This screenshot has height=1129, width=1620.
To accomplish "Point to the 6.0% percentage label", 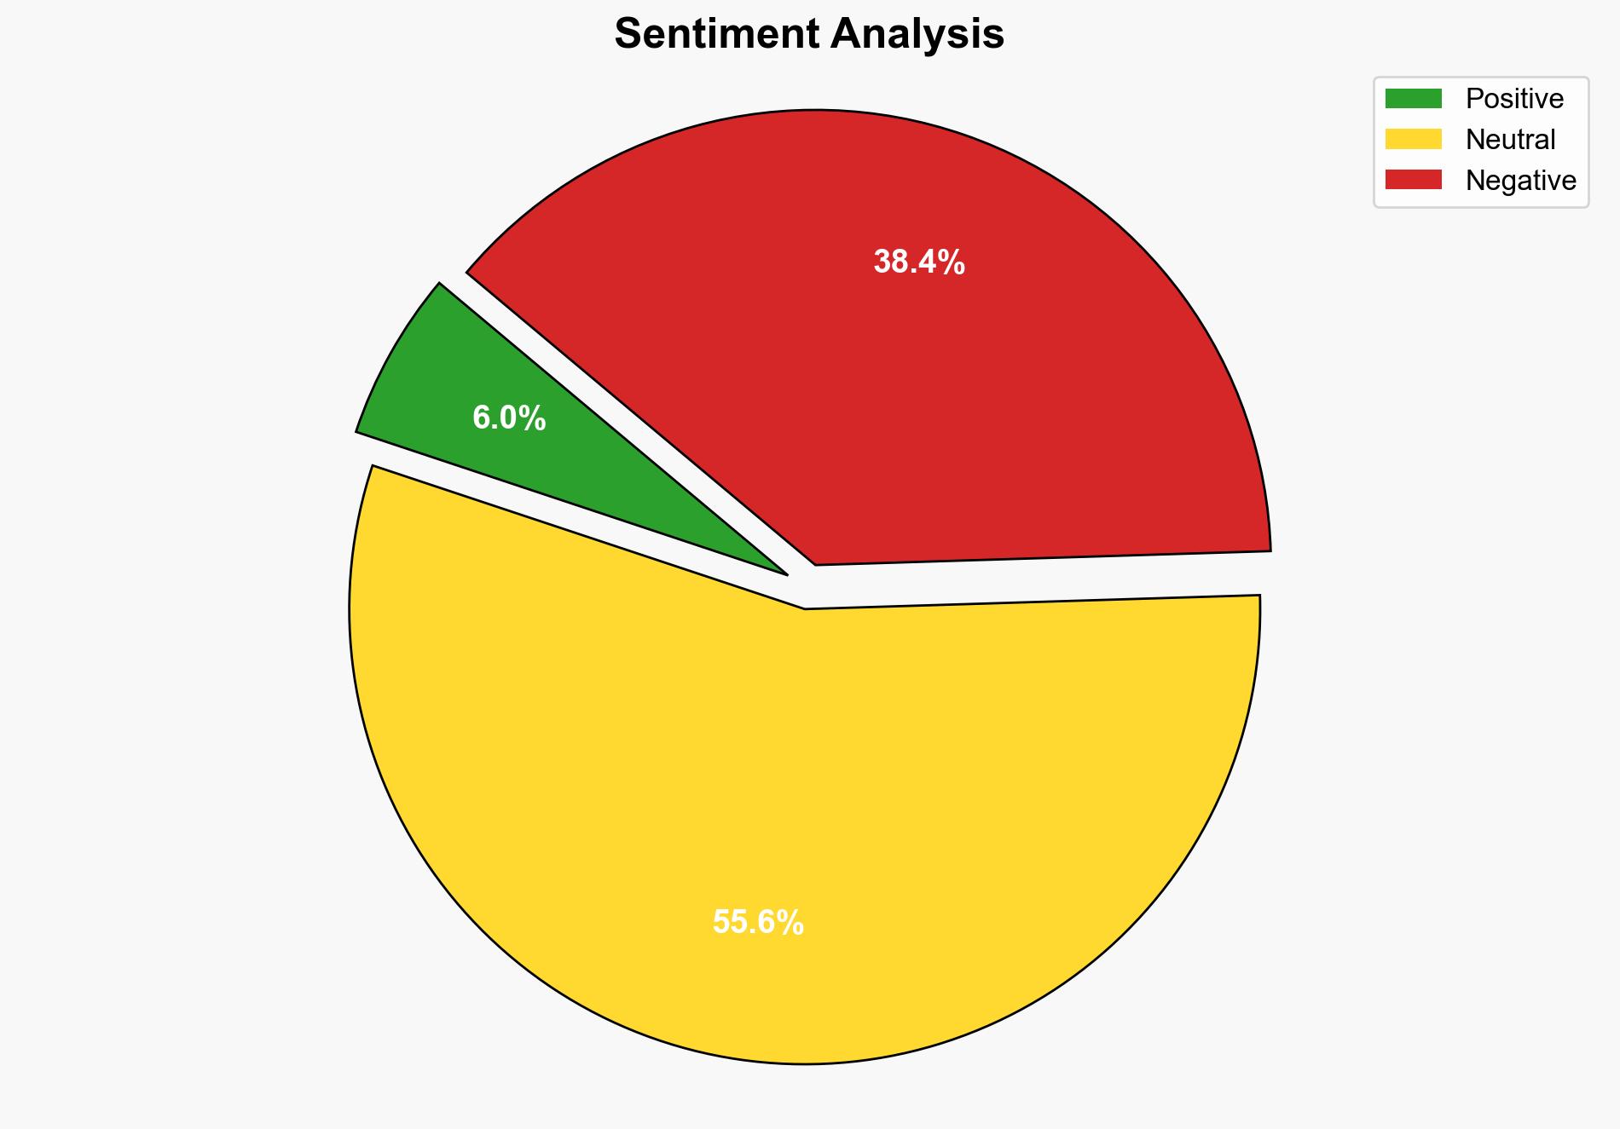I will coord(509,418).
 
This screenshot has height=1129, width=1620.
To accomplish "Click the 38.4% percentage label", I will coord(918,262).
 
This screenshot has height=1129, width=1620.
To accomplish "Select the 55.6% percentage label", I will coord(758,923).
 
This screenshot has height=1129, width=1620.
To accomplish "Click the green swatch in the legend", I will coord(1413,99).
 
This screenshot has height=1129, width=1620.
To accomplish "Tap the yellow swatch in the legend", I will coord(1413,139).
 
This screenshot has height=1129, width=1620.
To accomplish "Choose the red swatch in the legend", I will coord(1413,180).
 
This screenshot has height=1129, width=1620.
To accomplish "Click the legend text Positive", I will coord(1514,99).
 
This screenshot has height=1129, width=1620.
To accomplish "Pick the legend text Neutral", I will coord(1510,139).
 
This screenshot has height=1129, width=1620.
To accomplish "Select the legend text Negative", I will coord(1520,180).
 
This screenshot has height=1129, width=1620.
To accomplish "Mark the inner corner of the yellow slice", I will coord(805,608).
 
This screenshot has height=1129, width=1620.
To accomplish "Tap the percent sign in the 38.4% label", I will coord(954,262).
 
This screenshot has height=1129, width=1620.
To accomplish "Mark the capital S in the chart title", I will coord(628,35).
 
